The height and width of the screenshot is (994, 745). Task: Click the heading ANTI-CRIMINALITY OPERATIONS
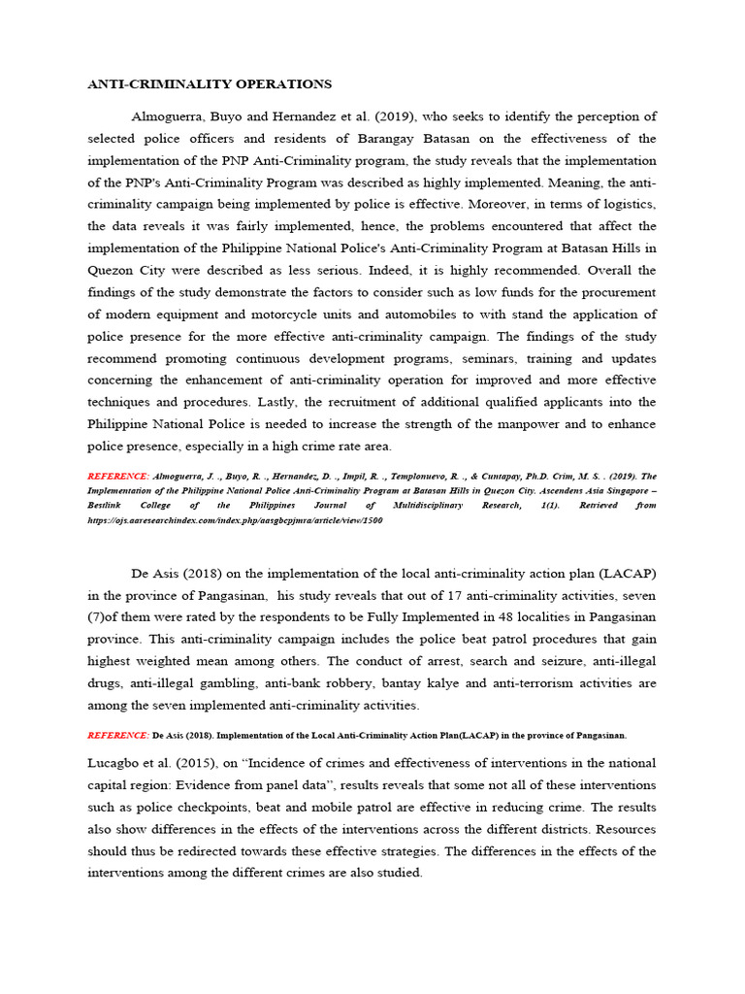coord(209,84)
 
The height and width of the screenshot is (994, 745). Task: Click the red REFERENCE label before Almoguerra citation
coord(117,477)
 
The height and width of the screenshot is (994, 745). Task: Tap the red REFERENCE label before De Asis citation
coord(117,735)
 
